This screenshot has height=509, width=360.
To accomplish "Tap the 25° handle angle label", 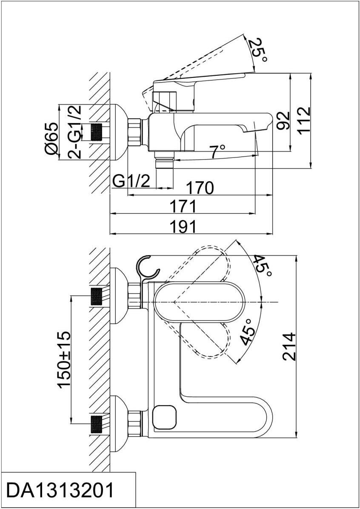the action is click(x=258, y=51).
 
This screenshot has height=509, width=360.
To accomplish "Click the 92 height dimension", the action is click(x=283, y=121).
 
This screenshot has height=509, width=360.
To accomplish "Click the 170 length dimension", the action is click(x=200, y=188).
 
